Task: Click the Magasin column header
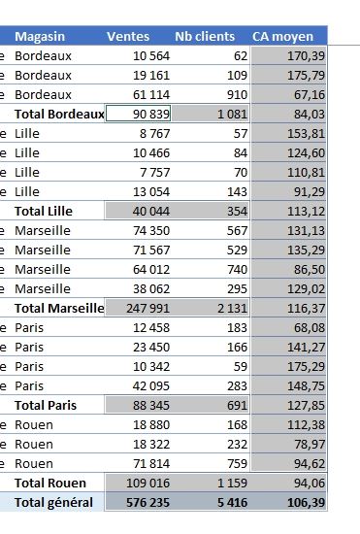coord(40,36)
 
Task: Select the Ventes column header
coord(128,36)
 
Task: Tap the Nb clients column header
coord(205,36)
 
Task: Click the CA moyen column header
coord(282,36)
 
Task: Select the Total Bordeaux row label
coord(59,114)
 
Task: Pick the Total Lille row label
coord(44,211)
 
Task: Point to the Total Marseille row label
coord(59,308)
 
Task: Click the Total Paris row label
coord(46,405)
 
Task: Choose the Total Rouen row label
coord(50,483)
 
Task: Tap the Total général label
coord(53,502)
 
